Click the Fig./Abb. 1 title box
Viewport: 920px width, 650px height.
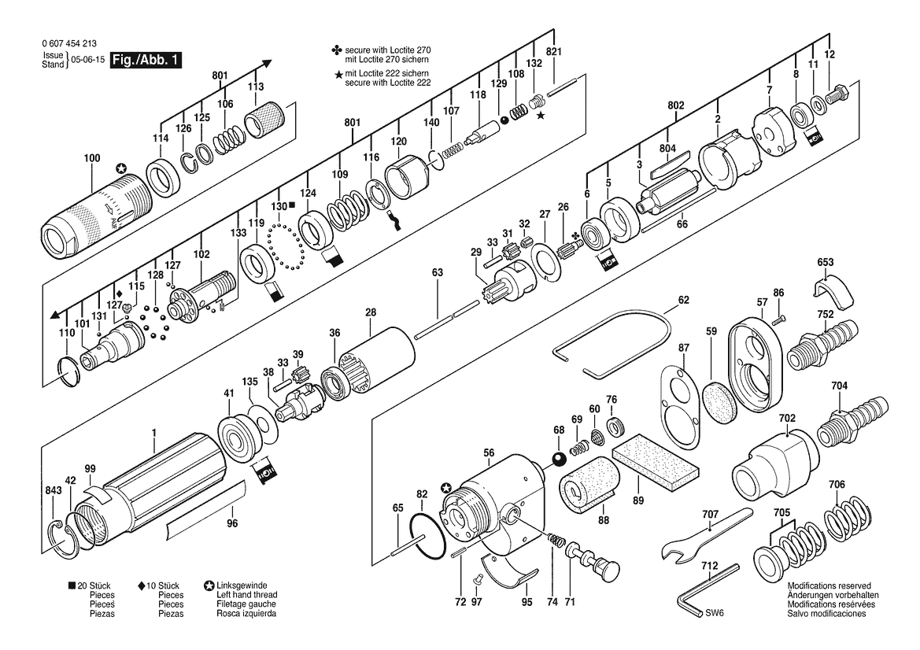click(146, 60)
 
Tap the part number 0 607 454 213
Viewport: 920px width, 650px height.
click(69, 44)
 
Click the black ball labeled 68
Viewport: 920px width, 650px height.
click(559, 460)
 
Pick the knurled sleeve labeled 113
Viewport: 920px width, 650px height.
click(264, 120)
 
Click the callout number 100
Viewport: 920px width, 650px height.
click(92, 158)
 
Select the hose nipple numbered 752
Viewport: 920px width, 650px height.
click(822, 345)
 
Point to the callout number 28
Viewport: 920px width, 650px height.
click(370, 312)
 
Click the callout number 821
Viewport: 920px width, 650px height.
click(553, 52)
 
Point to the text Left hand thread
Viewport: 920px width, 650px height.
click(246, 595)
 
